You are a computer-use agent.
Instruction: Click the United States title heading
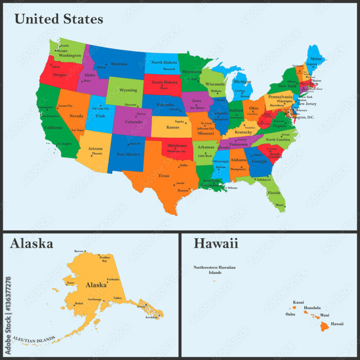[58, 19]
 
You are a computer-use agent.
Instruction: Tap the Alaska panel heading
[31, 243]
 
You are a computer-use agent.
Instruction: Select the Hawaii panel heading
[216, 243]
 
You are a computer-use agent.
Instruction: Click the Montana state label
[119, 64]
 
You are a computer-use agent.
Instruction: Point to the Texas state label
[164, 176]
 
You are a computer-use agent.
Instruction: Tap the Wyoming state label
[128, 90]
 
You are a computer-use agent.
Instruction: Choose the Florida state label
[273, 192]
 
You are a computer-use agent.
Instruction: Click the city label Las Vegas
[77, 130]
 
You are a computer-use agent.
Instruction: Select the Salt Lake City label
[100, 108]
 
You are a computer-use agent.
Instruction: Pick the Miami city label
[280, 204]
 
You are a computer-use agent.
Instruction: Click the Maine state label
[316, 59]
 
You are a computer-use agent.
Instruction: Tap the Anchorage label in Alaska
[94, 299]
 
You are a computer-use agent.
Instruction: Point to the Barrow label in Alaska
[79, 251]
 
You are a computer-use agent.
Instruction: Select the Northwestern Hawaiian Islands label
[214, 270]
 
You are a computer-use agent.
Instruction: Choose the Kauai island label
[298, 302]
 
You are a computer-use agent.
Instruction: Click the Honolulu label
[313, 308]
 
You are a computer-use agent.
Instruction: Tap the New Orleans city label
[230, 188]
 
